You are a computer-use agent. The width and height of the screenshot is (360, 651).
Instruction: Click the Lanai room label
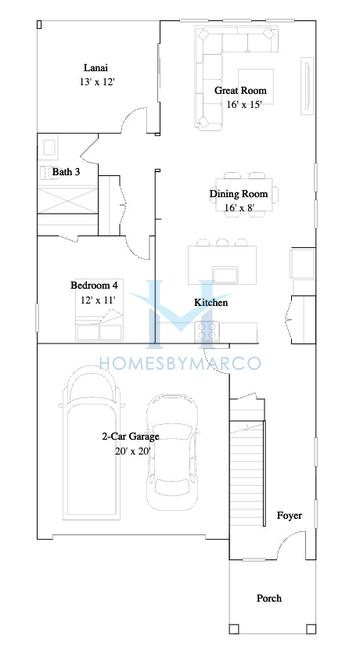coord(96,68)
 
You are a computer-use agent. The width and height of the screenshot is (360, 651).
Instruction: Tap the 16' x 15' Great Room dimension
coord(245,104)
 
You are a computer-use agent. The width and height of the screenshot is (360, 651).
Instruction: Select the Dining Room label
coord(238,194)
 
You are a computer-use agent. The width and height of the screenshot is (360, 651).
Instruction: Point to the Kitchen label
coord(211,302)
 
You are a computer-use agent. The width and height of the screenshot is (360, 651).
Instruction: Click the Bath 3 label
coord(66,172)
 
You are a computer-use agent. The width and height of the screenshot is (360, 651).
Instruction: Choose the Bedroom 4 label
coord(97,286)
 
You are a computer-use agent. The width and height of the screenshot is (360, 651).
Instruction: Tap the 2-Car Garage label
coord(130,436)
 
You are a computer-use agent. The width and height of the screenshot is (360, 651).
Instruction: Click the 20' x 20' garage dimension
coord(133,451)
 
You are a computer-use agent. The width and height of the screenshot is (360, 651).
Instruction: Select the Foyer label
coord(289,516)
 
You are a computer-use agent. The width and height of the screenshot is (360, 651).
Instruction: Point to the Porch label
coord(269,598)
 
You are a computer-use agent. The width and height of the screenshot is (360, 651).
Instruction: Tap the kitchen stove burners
coord(207,332)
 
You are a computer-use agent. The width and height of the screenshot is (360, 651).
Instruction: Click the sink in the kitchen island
coord(225,275)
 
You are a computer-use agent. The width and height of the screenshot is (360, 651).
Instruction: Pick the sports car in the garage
coord(172,453)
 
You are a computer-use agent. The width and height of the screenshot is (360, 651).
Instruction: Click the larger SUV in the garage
coord(91,443)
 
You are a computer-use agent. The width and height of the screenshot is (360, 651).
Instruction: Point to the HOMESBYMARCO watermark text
coord(180,362)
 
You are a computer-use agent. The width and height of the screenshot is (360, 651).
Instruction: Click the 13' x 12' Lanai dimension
coord(97,82)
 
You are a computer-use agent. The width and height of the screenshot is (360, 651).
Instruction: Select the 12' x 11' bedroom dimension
coord(98,300)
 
